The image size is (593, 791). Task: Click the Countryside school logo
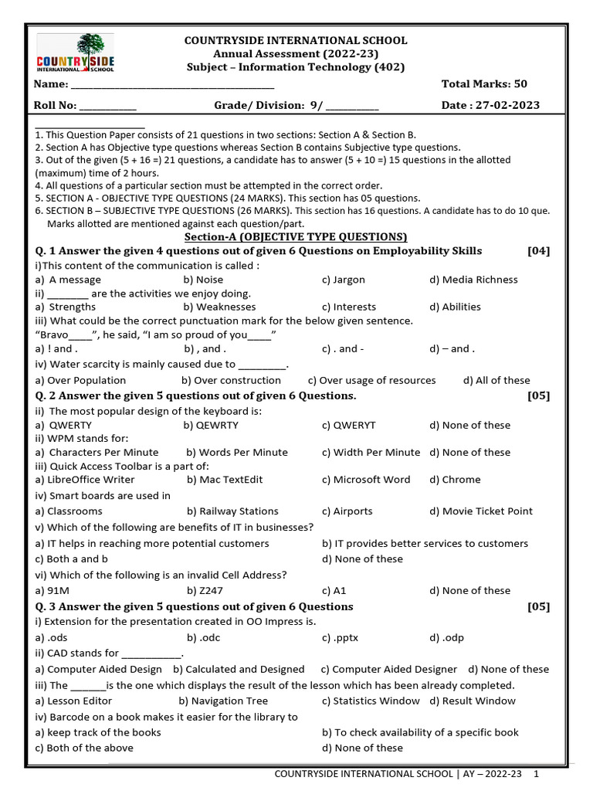click(76, 53)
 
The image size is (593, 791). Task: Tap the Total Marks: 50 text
click(484, 83)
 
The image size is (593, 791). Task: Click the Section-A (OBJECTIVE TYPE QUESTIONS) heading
click(296, 236)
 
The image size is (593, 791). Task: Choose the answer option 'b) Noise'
click(203, 280)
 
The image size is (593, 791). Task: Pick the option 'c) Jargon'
click(344, 280)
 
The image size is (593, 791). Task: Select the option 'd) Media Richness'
click(473, 280)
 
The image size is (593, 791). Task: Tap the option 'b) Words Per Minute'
click(237, 452)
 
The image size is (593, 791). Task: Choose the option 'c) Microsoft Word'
click(366, 479)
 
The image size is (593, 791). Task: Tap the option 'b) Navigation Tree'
click(223, 701)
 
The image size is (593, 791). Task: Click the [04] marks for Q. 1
click(538, 251)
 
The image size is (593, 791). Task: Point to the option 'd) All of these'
click(496, 380)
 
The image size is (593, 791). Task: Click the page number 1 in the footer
click(536, 773)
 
